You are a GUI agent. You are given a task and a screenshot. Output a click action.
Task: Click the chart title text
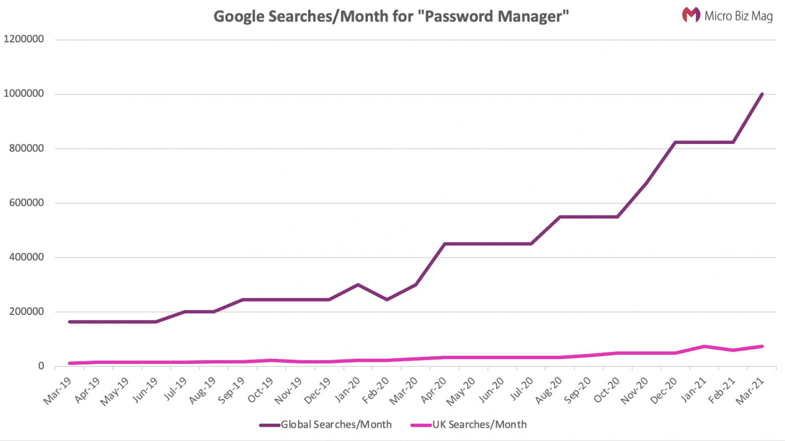coord(391,16)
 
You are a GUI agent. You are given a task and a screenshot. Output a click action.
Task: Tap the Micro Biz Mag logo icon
coord(691,15)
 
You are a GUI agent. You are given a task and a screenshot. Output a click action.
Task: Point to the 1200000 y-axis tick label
coord(24,39)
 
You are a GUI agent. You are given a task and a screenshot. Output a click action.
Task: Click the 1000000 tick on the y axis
coord(24,94)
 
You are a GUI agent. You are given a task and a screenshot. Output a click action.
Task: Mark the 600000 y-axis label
coord(27,203)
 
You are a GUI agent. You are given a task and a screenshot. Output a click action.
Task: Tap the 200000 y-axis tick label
coord(27,311)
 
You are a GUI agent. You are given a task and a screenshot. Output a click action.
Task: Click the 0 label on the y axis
coord(41,366)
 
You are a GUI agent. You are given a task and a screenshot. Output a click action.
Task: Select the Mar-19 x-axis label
coord(57,390)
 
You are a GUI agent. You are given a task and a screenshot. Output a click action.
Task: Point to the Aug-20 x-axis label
coord(548,390)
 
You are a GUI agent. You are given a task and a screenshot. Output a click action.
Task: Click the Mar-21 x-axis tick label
coord(749,390)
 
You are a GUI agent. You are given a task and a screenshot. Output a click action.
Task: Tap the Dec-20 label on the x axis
coord(663,390)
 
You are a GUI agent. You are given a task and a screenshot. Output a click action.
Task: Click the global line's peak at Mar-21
coord(762,94)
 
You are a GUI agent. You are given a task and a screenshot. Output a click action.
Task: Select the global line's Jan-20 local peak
coord(358,284)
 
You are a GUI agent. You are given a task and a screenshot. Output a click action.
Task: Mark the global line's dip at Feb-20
coord(387,300)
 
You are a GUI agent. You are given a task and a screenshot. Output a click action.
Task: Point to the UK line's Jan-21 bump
coord(705,347)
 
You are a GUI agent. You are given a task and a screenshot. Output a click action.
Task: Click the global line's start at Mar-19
coord(70,322)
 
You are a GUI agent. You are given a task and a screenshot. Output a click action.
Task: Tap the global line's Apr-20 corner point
coord(445,244)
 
